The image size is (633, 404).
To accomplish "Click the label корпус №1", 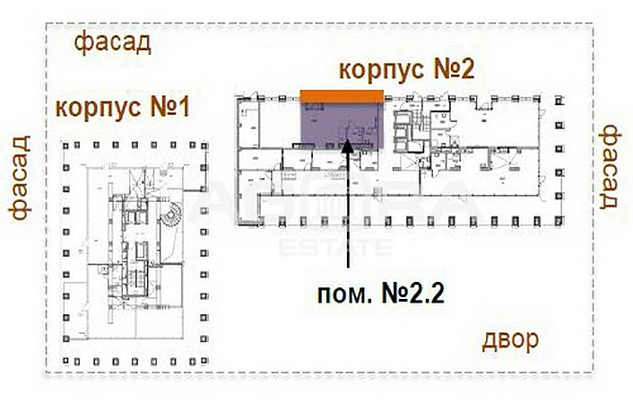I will click(x=122, y=110).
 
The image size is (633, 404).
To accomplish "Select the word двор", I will click(x=510, y=339).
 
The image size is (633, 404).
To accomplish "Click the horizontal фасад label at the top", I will click(x=112, y=42).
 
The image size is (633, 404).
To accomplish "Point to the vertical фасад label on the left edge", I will click(x=21, y=178).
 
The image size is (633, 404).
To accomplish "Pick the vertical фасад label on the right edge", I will click(x=611, y=166).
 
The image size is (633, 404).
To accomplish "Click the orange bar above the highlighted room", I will click(x=342, y=96).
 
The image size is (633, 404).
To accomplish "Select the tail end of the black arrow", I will click(x=348, y=266).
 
